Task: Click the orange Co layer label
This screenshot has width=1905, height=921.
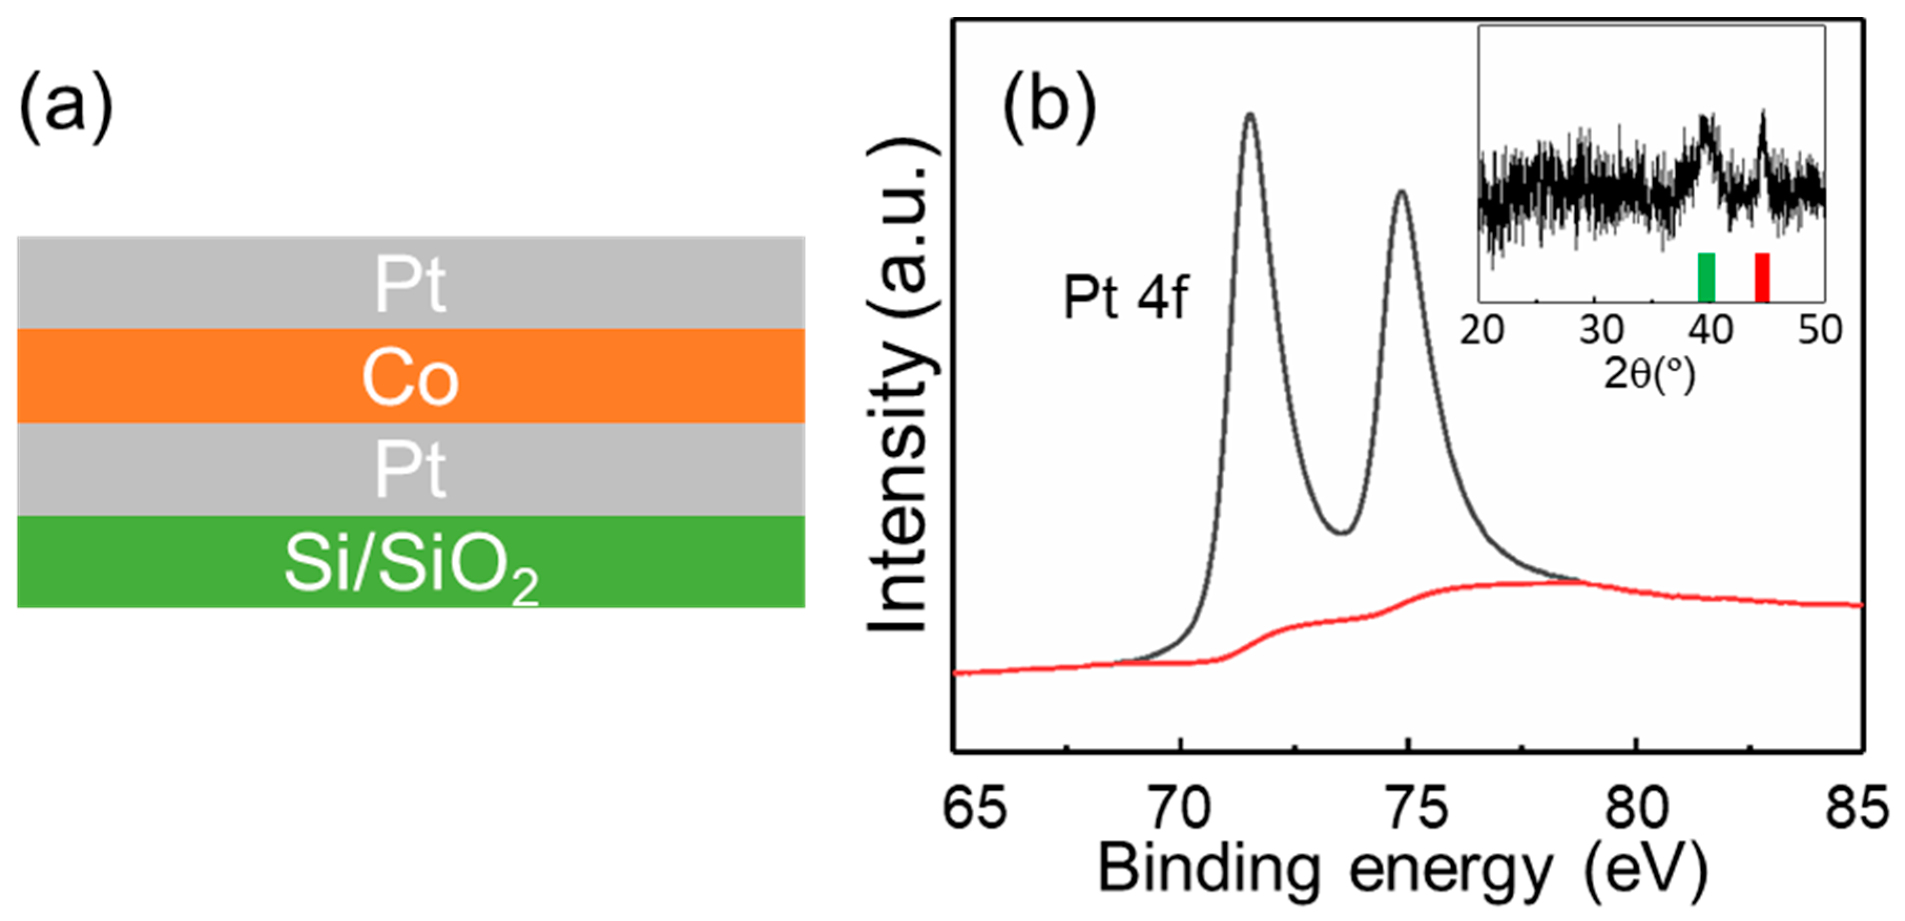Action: tap(410, 378)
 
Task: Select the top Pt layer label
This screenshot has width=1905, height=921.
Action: tap(410, 284)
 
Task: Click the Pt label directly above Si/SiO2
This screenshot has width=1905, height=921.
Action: tap(410, 470)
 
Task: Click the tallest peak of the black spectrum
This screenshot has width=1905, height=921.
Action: tap(1250, 114)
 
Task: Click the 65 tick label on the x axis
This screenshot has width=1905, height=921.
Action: tap(975, 808)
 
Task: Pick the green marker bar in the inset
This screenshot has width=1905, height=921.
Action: tap(1705, 277)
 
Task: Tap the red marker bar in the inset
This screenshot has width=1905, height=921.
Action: tap(1762, 277)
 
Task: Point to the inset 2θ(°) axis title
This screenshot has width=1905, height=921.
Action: tap(1649, 375)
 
